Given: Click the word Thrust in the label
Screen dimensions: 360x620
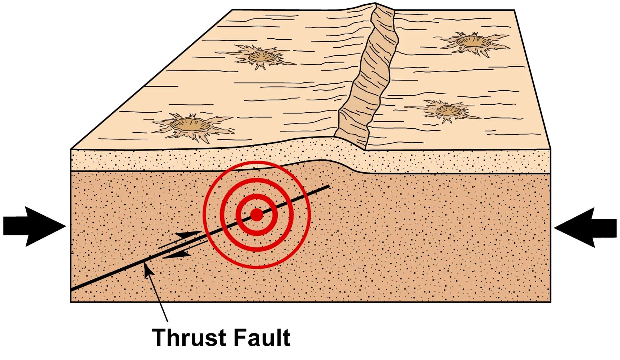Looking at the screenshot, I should click(x=188, y=338).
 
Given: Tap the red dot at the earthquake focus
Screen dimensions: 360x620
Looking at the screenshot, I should click(x=256, y=215).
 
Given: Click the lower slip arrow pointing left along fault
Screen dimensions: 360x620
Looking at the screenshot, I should click(x=177, y=255).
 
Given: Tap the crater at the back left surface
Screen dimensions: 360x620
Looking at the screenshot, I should click(x=262, y=56).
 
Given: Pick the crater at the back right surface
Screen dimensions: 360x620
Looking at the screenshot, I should click(x=473, y=42).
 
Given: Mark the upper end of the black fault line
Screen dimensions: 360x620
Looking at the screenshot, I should click(x=329, y=187).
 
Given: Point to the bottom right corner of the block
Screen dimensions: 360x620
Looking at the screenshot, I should click(x=550, y=302).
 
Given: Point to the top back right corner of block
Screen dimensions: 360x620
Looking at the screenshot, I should click(x=513, y=10).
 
